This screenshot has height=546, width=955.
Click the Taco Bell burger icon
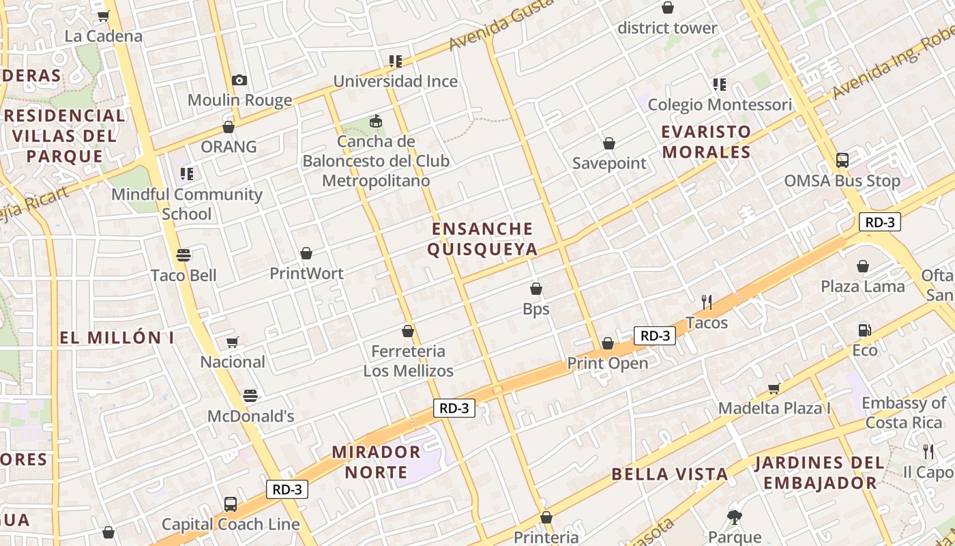pyautogui.click(x=183, y=255)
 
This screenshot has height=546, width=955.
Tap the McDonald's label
pyautogui.click(x=250, y=416)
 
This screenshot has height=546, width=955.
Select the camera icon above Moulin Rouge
pyautogui.click(x=239, y=81)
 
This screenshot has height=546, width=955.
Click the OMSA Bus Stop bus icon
pyautogui.click(x=842, y=160)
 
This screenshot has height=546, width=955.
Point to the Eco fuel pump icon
pyautogui.click(x=864, y=330)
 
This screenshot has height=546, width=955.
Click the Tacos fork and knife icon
pyautogui.click(x=707, y=302)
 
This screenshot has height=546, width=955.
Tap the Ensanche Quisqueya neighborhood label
pyautogui.click(x=482, y=239)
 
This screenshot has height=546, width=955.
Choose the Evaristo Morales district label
pyautogui.click(x=706, y=142)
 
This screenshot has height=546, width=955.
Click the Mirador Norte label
pyautogui.click(x=376, y=461)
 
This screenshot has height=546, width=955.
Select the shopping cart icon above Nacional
pyautogui.click(x=232, y=342)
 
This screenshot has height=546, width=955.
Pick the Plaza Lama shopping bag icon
pyautogui.click(x=863, y=266)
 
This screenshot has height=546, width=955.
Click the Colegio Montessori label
pyautogui.click(x=720, y=105)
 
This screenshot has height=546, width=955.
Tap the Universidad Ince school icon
pyautogui.click(x=395, y=61)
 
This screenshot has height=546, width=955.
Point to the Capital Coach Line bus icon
pyautogui.click(x=231, y=504)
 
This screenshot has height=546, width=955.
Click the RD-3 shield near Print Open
pyautogui.click(x=655, y=335)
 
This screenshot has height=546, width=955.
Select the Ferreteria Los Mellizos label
pyautogui.click(x=408, y=361)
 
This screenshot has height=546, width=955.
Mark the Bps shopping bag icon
pyautogui.click(x=536, y=289)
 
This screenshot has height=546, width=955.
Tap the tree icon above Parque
pyautogui.click(x=735, y=517)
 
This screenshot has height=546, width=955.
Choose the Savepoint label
pyautogui.click(x=609, y=163)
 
